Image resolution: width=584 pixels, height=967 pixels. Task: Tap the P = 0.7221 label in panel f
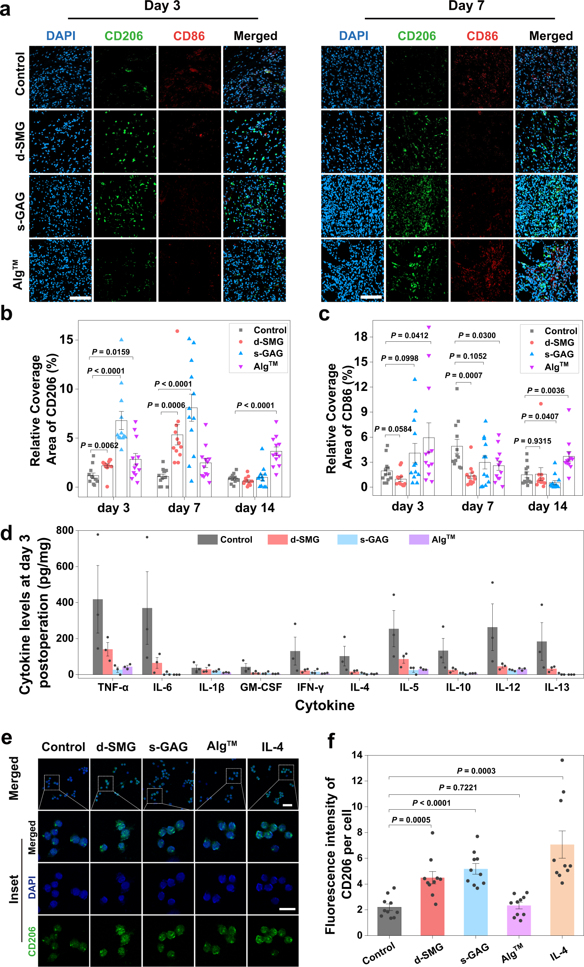tap(457, 787)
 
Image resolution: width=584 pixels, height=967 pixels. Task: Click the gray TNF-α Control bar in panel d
tap(98, 636)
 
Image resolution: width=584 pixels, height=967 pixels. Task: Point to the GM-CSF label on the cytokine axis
tap(261, 687)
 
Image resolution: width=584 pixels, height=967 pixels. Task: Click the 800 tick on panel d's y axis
tap(65, 530)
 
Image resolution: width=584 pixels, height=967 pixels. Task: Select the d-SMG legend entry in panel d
tap(293, 540)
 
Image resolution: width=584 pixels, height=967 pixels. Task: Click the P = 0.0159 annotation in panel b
tap(111, 352)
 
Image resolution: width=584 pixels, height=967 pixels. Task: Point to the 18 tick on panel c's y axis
tap(360, 336)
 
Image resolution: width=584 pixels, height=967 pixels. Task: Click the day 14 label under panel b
tap(255, 508)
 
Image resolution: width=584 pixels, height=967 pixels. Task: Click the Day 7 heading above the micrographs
tap(466, 6)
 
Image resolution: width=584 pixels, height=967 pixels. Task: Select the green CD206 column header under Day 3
tap(124, 36)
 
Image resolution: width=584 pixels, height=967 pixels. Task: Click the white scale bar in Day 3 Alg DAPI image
tap(80, 298)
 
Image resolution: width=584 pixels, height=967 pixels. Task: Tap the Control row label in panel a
tap(20, 74)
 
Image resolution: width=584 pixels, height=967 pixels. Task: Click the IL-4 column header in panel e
tap(272, 746)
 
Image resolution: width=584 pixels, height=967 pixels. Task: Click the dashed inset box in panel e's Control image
tap(52, 782)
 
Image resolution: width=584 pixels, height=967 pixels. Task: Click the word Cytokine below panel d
tap(325, 705)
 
